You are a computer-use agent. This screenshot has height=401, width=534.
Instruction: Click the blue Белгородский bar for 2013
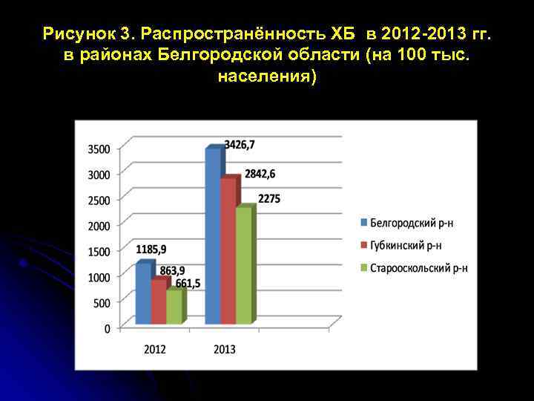click(x=213, y=238)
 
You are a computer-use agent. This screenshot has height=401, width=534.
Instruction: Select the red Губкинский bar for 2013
click(x=228, y=252)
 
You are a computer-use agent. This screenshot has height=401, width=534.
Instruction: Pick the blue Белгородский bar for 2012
click(x=143, y=294)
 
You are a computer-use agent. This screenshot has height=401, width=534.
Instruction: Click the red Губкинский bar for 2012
click(x=159, y=301)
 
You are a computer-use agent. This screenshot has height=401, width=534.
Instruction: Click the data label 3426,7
click(x=240, y=143)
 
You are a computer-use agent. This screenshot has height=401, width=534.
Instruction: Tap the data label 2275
click(x=269, y=199)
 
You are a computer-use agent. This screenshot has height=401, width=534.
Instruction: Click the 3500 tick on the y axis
click(x=99, y=149)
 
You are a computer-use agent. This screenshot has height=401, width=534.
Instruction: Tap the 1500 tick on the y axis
click(x=99, y=252)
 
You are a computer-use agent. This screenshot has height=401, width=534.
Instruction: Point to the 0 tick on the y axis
click(x=108, y=328)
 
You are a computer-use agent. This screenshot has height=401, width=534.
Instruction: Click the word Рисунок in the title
click(x=77, y=34)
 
